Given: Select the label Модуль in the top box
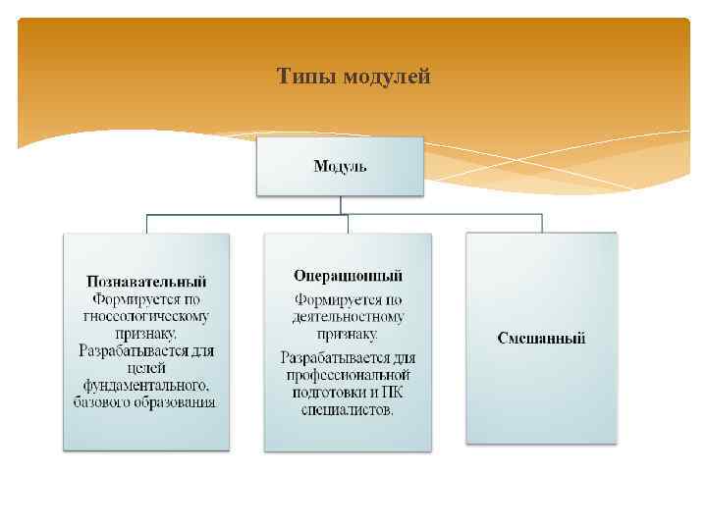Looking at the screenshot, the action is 340,166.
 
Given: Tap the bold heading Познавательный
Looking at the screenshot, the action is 146,281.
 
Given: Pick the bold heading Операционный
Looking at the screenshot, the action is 348,276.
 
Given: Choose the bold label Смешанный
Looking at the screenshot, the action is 541,338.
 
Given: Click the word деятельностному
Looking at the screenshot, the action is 348,317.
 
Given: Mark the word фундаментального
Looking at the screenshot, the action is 144,385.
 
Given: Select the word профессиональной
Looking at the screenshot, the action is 348,375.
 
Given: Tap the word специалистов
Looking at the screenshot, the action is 348,410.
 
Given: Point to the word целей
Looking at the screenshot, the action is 146,367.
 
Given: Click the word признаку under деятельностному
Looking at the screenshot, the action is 348,335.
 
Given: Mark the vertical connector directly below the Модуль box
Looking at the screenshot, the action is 340,205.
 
